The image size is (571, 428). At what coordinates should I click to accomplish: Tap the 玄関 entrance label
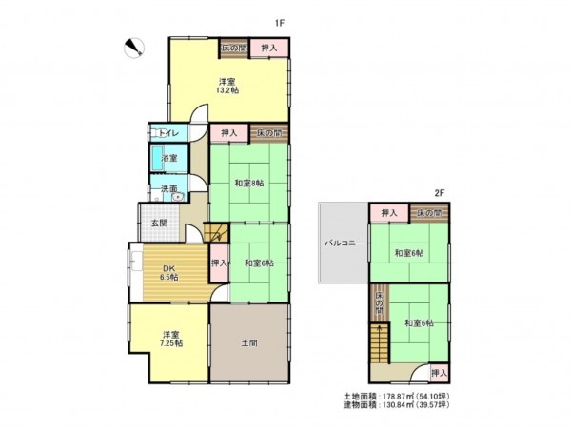pos(158,224)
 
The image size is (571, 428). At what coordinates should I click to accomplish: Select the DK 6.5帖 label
pos(168,272)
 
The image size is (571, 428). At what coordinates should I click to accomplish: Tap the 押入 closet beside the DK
pos(218,263)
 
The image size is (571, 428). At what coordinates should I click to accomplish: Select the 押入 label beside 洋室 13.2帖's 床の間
pos(269,48)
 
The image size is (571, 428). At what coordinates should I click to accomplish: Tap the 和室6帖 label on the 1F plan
pos(258,263)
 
